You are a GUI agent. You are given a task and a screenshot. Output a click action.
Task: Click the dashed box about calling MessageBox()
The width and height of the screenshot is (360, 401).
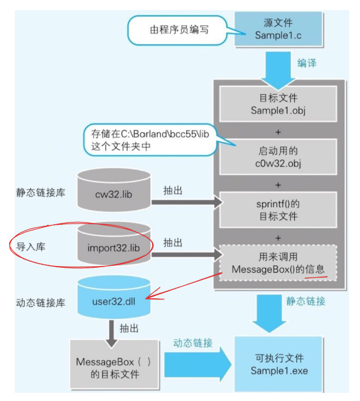[278, 262]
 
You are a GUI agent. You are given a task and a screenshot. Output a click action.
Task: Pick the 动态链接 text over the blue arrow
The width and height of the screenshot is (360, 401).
[192, 342]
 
